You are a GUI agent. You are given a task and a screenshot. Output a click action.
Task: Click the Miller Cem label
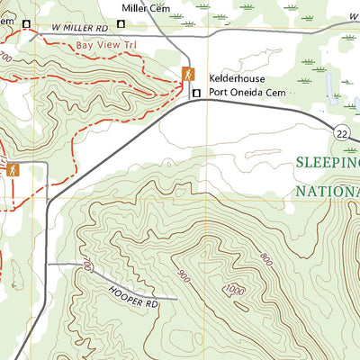(x=148, y=8)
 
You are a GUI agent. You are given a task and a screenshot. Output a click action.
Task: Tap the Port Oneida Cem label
(x=247, y=92)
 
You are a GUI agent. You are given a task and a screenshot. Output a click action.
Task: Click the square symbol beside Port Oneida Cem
(x=195, y=92)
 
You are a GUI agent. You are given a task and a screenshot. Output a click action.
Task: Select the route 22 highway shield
(x=341, y=132)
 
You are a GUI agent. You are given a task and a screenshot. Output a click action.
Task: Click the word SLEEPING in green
(x=328, y=163)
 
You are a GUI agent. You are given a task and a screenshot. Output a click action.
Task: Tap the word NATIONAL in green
(x=328, y=192)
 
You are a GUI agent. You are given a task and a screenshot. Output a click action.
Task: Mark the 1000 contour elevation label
(x=237, y=290)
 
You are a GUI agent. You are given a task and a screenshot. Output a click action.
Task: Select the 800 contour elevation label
(x=265, y=258)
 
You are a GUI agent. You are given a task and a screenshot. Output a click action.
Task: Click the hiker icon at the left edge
(x=13, y=169)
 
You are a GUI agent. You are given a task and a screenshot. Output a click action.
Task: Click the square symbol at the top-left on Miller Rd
(x=26, y=23)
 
